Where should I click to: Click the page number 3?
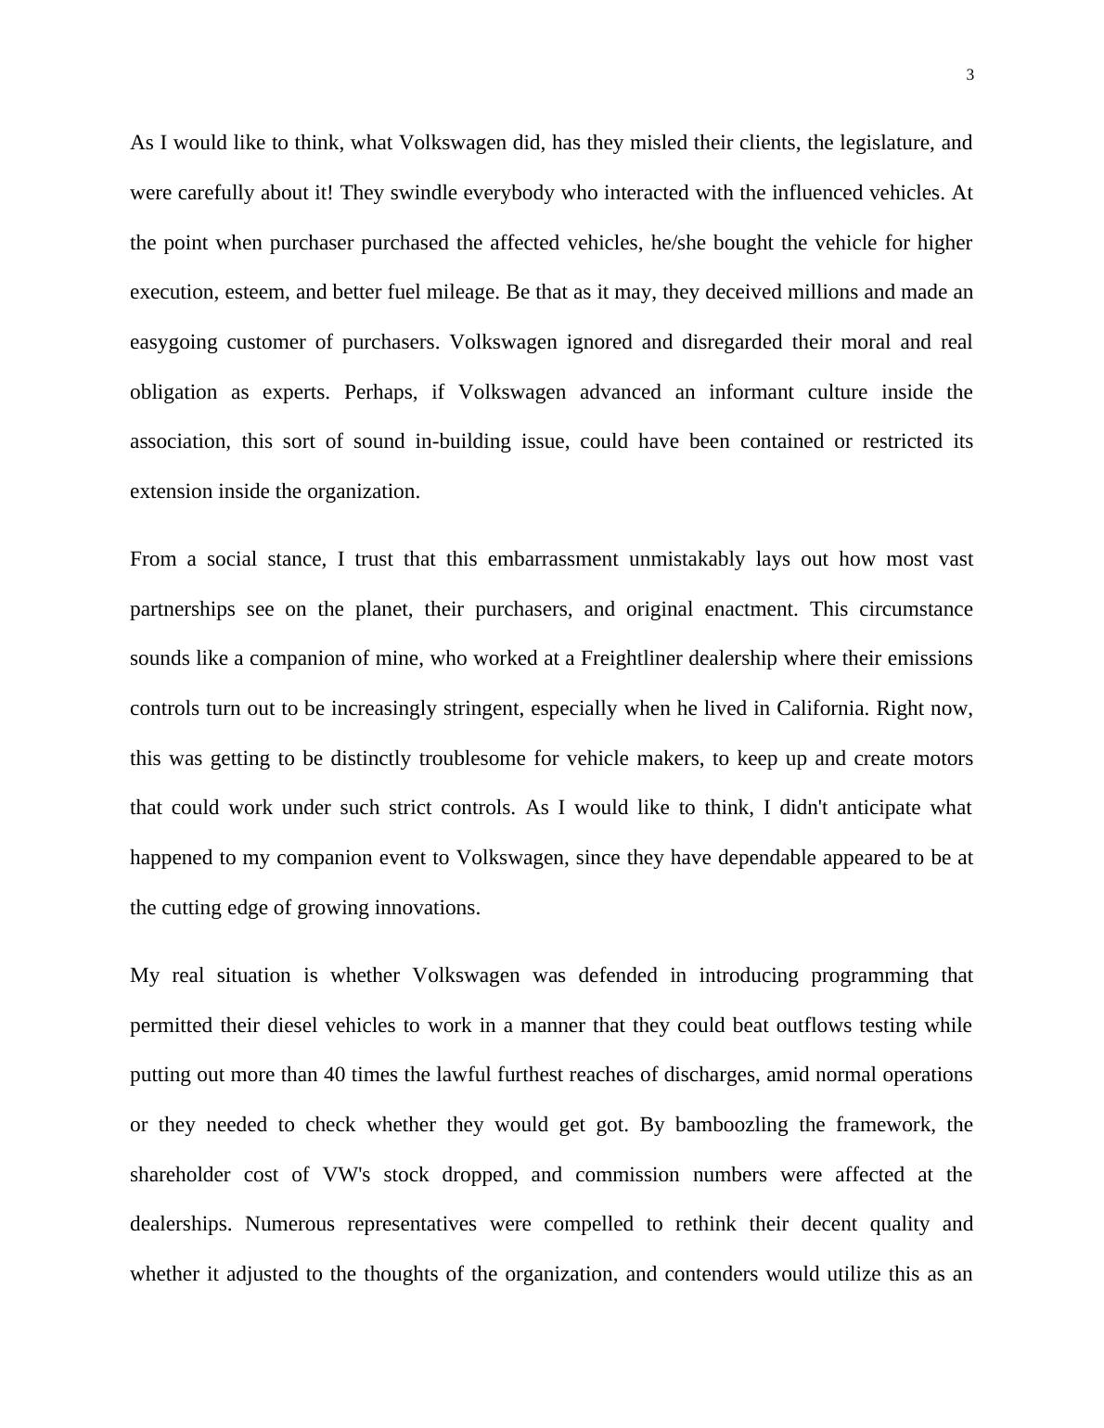pyautogui.click(x=969, y=75)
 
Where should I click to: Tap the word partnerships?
pyautogui.click(x=182, y=609)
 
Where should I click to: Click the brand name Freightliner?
pyautogui.click(x=633, y=658)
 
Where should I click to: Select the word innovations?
pyautogui.click(x=427, y=908)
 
